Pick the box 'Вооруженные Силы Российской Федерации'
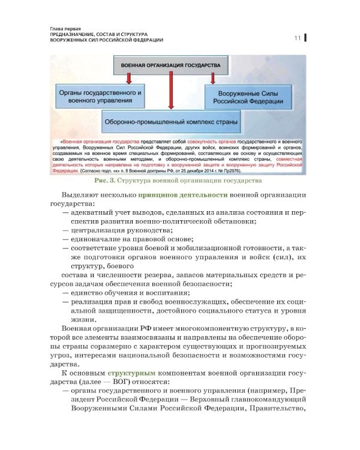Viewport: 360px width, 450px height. click(x=248, y=97)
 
